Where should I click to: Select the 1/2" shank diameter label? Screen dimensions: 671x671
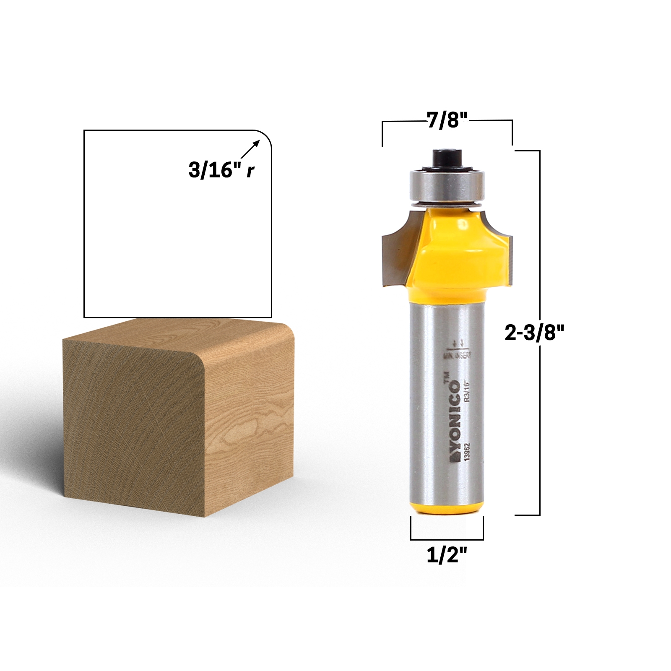(x=447, y=556)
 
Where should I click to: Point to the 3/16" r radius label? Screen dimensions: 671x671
(x=221, y=171)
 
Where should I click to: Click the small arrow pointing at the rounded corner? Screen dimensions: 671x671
(x=251, y=149)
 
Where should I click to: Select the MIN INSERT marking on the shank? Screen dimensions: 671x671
(x=458, y=355)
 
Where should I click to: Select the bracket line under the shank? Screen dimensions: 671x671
(x=447, y=539)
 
